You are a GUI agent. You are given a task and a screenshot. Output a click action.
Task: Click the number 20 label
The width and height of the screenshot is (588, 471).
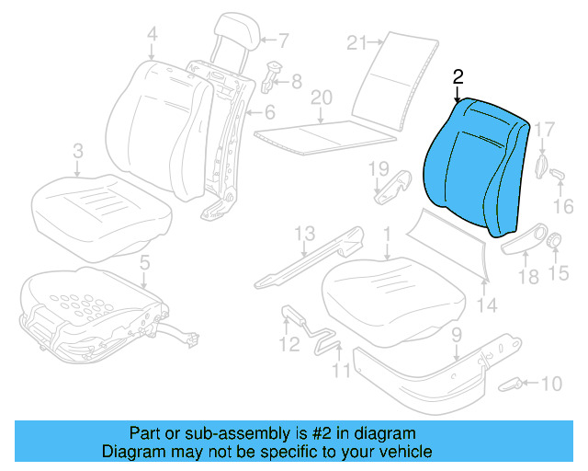pos(320,98)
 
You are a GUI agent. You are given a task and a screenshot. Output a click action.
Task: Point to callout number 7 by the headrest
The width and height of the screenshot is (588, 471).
pos(284,40)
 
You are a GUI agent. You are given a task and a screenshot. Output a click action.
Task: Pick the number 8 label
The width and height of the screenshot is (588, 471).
pos(296,82)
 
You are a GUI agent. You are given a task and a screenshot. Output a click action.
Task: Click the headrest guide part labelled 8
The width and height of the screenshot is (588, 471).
pos(273,73)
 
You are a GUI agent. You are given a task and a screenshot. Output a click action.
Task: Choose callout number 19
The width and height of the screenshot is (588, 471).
pos(378,167)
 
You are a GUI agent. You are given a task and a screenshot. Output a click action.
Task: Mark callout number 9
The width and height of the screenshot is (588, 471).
pos(456,335)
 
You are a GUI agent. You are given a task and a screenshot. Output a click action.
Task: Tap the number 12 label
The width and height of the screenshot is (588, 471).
pos(289,344)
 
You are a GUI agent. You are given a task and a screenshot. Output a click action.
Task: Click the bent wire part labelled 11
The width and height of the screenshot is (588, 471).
pos(326,342)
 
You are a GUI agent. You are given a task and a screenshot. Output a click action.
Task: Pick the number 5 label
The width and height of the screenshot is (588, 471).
pos(143,266)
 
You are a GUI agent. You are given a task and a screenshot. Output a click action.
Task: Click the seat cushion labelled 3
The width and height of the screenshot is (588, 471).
pos(101,207)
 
